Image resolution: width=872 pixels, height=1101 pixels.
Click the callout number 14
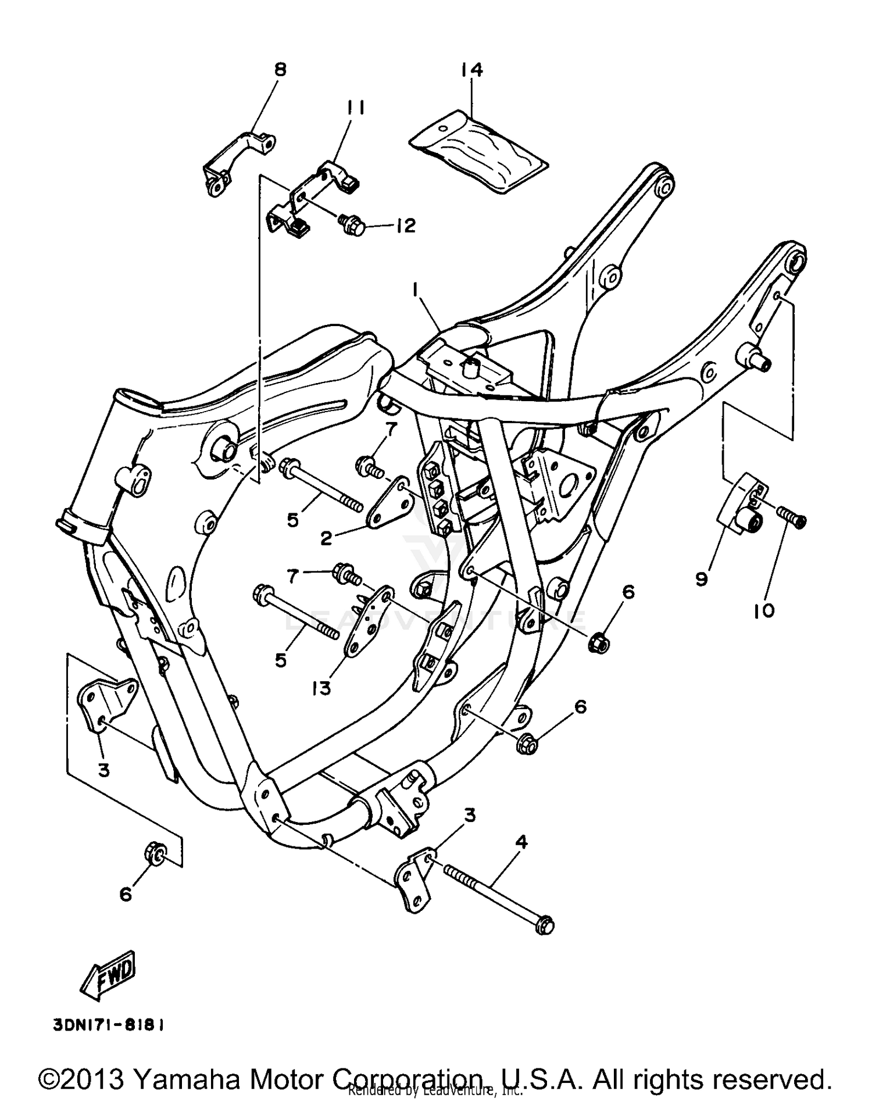click(471, 70)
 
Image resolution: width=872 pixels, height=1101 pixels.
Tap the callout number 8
click(280, 70)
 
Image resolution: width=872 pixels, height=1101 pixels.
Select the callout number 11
click(355, 108)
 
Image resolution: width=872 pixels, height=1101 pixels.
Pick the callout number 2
click(326, 538)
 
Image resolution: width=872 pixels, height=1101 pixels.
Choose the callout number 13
click(321, 688)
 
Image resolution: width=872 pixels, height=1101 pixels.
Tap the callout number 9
click(702, 579)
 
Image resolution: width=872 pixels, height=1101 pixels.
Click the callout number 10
click(764, 610)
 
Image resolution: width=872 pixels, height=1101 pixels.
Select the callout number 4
click(521, 842)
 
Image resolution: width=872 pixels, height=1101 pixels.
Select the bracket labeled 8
click(238, 158)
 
